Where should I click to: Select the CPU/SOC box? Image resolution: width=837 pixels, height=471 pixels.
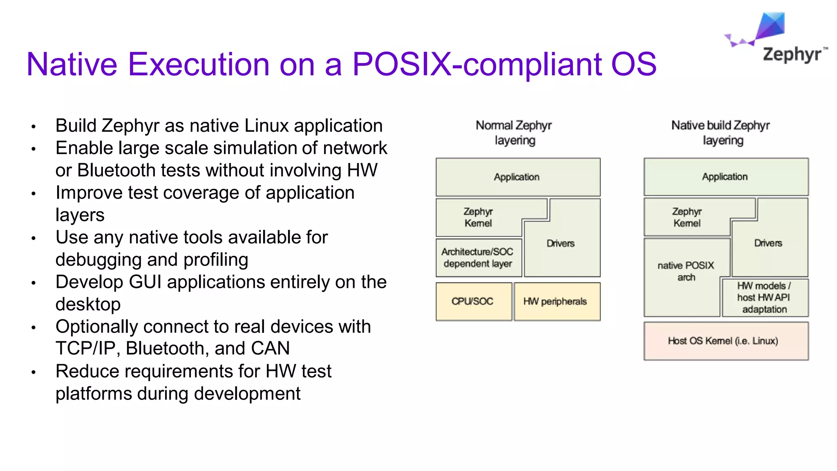pos(472,301)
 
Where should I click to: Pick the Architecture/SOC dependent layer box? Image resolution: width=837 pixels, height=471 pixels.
pos(477,258)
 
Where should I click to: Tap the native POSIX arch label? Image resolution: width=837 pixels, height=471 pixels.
pos(686,271)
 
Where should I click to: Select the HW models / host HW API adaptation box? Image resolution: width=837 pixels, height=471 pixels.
pos(764,297)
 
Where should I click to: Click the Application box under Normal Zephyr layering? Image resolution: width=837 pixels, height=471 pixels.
pos(517,177)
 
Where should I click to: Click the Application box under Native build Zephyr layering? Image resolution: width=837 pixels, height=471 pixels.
pos(725,177)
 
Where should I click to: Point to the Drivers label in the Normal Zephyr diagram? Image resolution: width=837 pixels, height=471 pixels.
pos(561,243)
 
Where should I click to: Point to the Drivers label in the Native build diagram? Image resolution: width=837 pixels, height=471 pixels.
pos(768,243)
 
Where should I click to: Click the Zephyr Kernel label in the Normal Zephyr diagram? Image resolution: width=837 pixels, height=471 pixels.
pos(478,217)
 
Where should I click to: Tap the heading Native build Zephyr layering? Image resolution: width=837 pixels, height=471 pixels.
pos(721,132)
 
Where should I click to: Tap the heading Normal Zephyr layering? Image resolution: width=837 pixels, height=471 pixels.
pos(514,132)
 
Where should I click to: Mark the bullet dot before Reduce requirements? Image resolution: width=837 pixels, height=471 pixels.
pos(34,372)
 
